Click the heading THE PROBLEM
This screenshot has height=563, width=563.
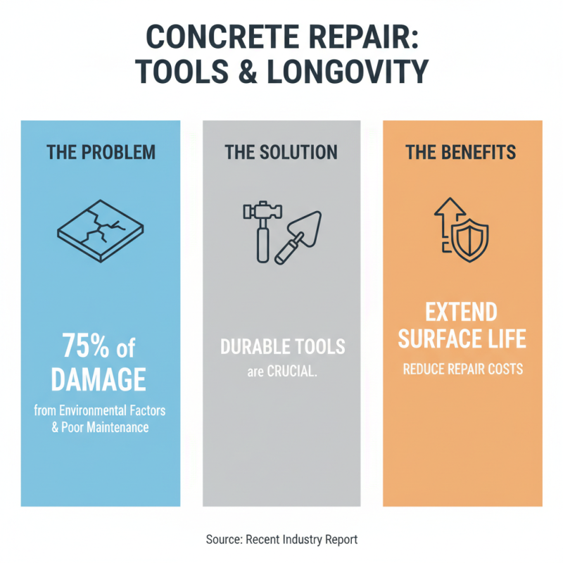[x=101, y=152]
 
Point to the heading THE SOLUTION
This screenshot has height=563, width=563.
[x=281, y=152]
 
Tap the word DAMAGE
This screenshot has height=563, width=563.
[x=100, y=380]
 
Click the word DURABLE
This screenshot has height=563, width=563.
[x=252, y=347]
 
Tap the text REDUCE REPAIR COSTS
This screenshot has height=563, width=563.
[x=462, y=369]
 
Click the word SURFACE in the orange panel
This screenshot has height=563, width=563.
[x=437, y=339]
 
